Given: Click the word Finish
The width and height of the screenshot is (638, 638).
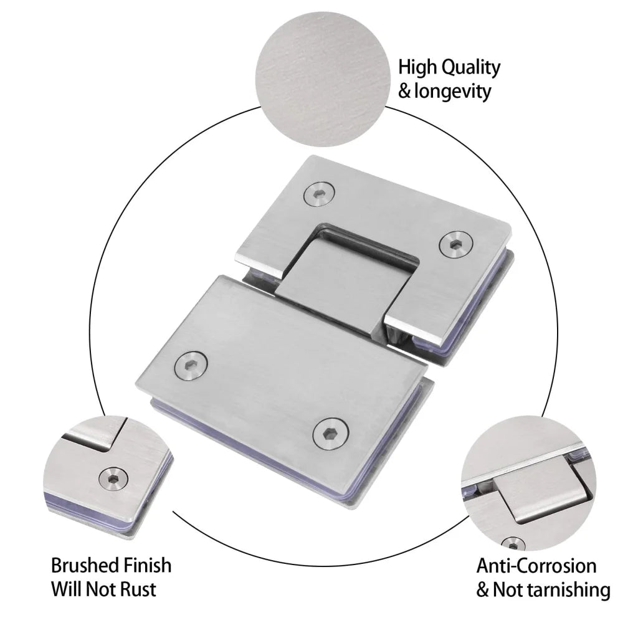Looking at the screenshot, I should click(147, 565).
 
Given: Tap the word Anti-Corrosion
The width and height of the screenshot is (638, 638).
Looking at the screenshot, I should click(536, 566).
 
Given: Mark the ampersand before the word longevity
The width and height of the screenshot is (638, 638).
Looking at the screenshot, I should click(404, 92).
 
